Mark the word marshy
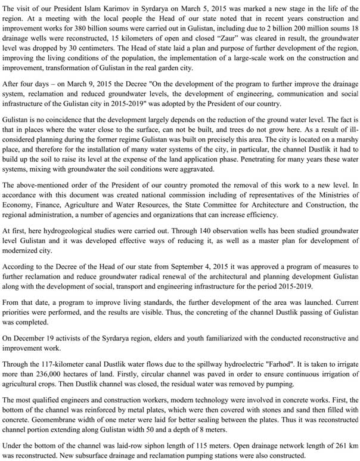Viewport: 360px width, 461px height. tap(346, 146)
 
